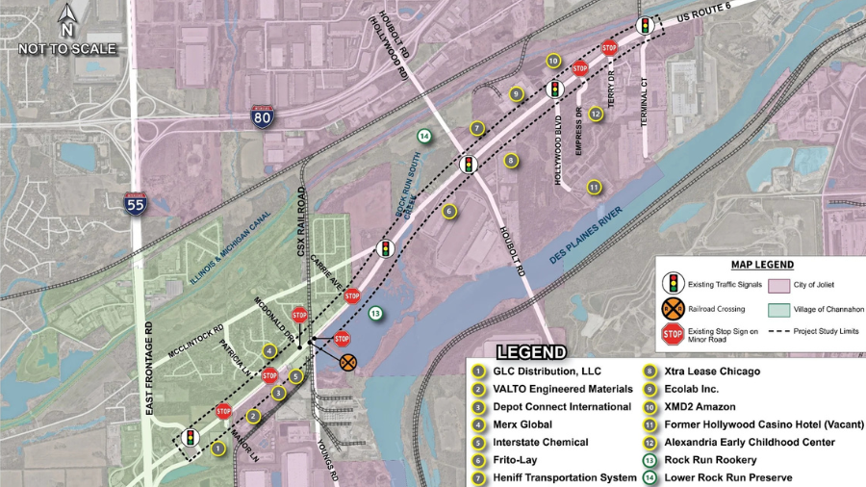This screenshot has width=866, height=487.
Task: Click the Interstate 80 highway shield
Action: click(262, 117)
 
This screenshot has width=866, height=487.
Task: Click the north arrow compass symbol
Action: click(67, 19)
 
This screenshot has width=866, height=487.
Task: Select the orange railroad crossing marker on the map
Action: click(348, 362)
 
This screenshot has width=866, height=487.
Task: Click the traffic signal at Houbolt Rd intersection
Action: click(469, 165)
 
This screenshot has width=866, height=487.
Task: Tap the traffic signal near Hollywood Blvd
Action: click(554, 90)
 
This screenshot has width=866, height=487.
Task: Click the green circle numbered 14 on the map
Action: click(424, 136)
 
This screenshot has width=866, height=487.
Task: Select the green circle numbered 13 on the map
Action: click(375, 313)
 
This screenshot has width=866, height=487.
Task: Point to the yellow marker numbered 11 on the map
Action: click(595, 187)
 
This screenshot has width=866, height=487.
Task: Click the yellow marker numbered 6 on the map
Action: click(448, 211)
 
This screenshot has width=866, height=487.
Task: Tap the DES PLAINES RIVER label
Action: click(588, 227)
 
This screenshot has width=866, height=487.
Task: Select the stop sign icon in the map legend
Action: click(673, 334)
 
